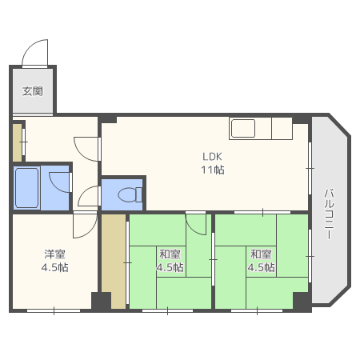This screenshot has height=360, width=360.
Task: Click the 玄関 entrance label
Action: [x=32, y=91]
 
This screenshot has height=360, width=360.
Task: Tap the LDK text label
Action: [x=212, y=157]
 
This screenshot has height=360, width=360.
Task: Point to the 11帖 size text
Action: [x=213, y=170]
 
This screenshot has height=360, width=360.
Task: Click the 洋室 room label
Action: [x=54, y=254]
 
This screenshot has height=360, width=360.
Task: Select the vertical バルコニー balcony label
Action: [x=329, y=214]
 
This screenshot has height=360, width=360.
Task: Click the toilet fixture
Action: [x=130, y=194]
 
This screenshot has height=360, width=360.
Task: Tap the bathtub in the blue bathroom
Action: [x=26, y=188]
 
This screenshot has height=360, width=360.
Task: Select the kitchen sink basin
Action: [x=243, y=128]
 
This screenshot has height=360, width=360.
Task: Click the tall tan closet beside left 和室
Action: [x=114, y=262]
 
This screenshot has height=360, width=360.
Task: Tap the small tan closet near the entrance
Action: [x=18, y=142]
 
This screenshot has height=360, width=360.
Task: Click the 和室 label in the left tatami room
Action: [x=170, y=254]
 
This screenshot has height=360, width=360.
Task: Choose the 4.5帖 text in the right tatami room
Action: [x=261, y=267]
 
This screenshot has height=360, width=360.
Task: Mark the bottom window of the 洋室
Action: [x=54, y=310]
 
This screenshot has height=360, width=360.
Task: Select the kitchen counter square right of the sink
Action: [x=282, y=128]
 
